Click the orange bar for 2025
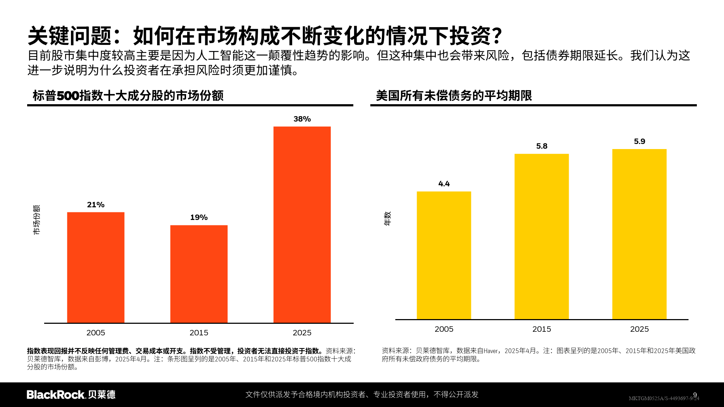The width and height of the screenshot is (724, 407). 302,224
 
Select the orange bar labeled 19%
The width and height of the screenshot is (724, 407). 199,274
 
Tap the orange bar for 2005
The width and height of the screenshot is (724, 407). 96,267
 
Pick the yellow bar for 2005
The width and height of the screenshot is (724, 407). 444,255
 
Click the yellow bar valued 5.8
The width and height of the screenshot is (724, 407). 542,237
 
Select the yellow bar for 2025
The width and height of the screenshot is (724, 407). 639,234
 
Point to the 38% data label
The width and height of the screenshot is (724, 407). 302,119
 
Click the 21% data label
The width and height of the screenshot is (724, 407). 96,205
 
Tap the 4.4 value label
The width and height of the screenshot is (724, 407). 444,184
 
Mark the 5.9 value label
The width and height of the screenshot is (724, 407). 639,141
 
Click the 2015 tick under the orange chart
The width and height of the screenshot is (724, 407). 199,332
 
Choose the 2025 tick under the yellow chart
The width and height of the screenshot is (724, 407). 639,329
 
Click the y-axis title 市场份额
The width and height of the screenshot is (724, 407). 37,220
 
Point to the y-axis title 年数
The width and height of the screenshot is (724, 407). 388,219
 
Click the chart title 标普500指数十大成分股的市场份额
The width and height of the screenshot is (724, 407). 128,96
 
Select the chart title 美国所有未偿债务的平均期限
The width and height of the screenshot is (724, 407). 454,96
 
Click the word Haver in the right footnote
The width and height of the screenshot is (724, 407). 491,351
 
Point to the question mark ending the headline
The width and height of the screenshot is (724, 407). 497,36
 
